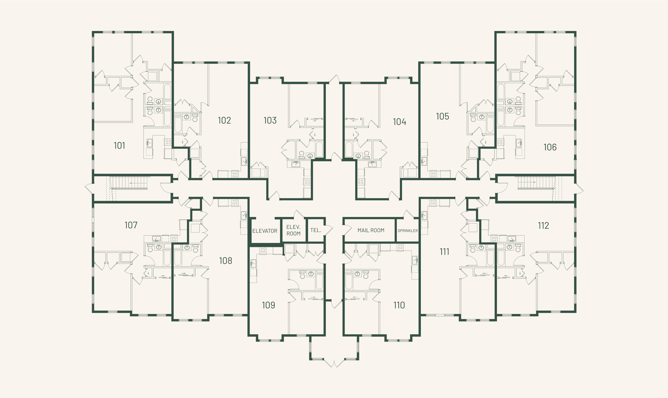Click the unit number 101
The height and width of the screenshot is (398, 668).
point(120,146)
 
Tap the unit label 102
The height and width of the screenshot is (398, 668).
point(224,120)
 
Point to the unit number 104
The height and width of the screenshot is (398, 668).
point(399,122)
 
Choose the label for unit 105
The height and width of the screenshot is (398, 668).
point(442,116)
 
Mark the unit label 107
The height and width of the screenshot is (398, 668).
point(131,225)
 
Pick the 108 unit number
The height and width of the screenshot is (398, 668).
point(225,261)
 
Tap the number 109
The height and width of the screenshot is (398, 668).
point(268,305)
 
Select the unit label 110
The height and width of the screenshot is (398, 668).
point(399,305)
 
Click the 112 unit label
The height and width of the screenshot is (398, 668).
point(543,226)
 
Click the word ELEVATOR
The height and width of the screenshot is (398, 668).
point(265,231)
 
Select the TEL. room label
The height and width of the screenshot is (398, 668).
point(315,230)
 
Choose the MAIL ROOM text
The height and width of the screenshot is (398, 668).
point(371,230)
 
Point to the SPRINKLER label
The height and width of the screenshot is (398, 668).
point(408,231)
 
